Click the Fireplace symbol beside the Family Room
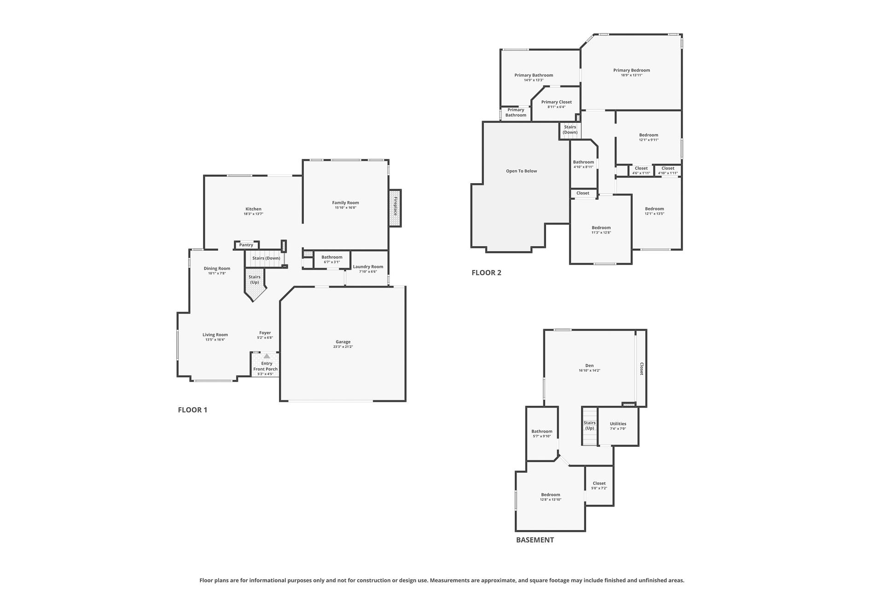[x=395, y=208]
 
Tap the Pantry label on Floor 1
[x=246, y=245]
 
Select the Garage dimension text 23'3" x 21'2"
[x=343, y=347]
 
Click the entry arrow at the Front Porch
[x=267, y=356]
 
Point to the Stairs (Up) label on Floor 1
[x=255, y=280]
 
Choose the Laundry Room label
[x=368, y=267]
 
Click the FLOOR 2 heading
[x=486, y=272]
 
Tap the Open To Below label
[x=522, y=171]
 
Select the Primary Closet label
[x=557, y=102]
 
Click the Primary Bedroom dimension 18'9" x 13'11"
[x=632, y=75]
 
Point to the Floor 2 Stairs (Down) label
[x=570, y=130]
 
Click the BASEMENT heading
[x=535, y=540]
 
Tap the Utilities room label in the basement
[x=618, y=424]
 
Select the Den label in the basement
[x=589, y=365]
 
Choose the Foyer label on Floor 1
[x=265, y=333]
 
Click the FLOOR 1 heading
[x=192, y=410]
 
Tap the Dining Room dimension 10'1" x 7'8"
[x=217, y=273]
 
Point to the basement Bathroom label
[x=542, y=431]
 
